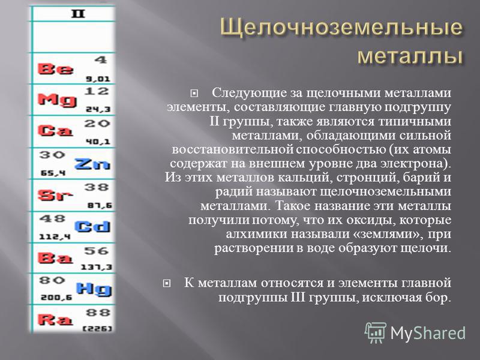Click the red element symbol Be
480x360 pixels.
pos(55,69)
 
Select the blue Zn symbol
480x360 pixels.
pos(92,164)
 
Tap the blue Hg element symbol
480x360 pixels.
pos(94,289)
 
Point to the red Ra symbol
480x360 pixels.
pos(55,320)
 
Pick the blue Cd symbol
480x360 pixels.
pos(92,227)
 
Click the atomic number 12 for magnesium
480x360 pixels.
pos(97,91)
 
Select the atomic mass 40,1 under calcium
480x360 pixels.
pos(98,142)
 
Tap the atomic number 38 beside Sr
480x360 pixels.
pos(97,187)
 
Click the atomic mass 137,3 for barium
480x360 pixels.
pos(97,267)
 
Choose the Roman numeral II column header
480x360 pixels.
pos(78,14)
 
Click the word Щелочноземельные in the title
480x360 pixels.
pos(341,27)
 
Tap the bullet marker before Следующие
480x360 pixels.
pos(194,93)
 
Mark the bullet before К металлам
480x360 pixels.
pos(167,283)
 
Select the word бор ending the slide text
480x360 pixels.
pos(437,297)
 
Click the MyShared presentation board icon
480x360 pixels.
pos(376,332)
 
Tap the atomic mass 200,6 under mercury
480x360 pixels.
pos(56,297)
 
